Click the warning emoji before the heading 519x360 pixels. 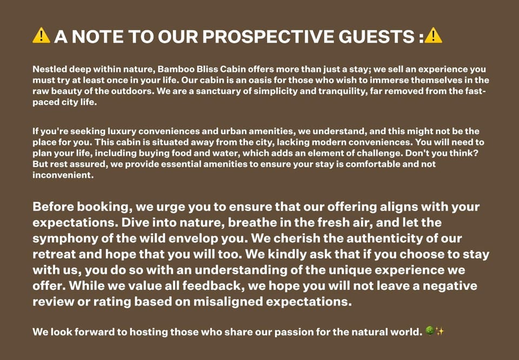pos(41,35)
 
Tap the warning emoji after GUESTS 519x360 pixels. pos(433,35)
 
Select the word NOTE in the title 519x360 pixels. pos(97,36)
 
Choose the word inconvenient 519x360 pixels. pos(63,175)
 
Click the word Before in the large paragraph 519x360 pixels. pos(53,206)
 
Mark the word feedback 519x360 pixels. pos(214,286)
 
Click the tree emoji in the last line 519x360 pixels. pos(429,331)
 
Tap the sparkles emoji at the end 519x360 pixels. pos(439,331)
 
